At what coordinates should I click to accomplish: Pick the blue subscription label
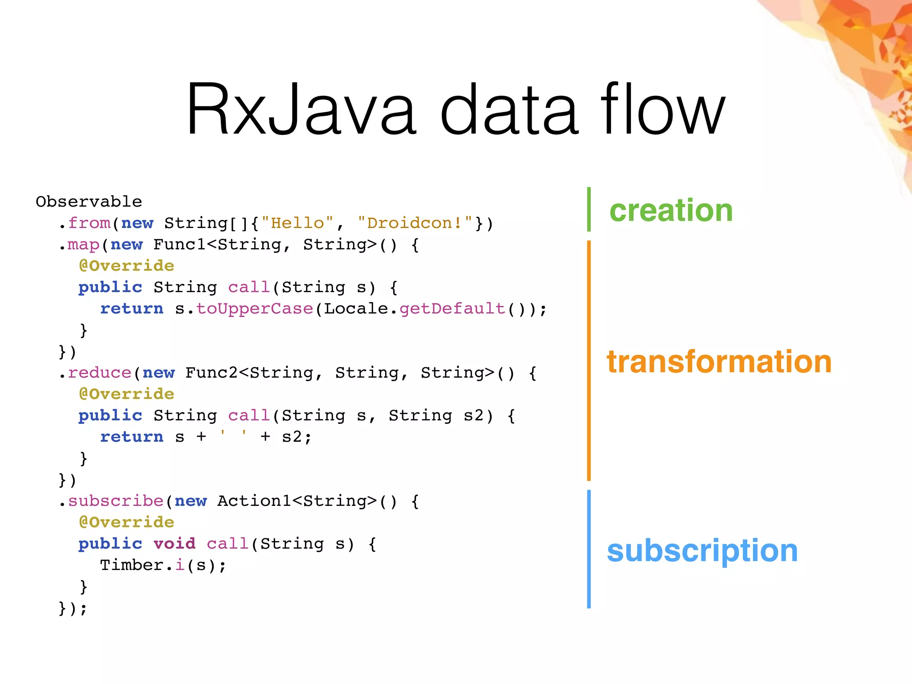(x=702, y=551)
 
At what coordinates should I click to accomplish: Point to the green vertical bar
(x=589, y=209)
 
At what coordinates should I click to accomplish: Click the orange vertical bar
(x=589, y=361)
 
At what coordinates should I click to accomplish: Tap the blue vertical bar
(x=589, y=549)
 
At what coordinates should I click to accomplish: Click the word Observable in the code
(x=89, y=202)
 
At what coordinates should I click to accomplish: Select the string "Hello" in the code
(x=297, y=223)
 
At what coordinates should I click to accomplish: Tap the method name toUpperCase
(x=255, y=309)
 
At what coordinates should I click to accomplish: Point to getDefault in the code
(x=452, y=309)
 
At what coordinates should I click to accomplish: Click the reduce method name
(x=100, y=373)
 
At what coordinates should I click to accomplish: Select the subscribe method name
(x=116, y=501)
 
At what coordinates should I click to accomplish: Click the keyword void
(x=174, y=544)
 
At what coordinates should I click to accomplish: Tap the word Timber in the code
(x=132, y=565)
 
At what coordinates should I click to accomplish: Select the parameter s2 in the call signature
(x=473, y=415)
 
